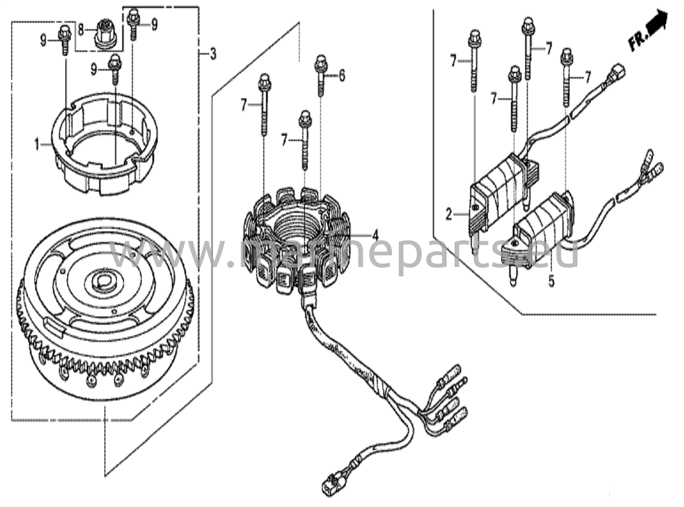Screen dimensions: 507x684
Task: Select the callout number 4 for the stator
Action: [375, 236]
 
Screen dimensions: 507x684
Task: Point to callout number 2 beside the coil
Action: [449, 214]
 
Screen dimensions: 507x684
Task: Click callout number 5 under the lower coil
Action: [551, 281]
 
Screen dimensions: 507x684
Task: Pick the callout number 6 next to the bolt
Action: [342, 76]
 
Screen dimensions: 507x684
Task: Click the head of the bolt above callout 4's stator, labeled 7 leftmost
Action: [265, 80]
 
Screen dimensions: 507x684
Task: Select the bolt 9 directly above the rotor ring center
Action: [115, 67]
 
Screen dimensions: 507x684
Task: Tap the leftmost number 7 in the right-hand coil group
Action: [453, 61]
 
